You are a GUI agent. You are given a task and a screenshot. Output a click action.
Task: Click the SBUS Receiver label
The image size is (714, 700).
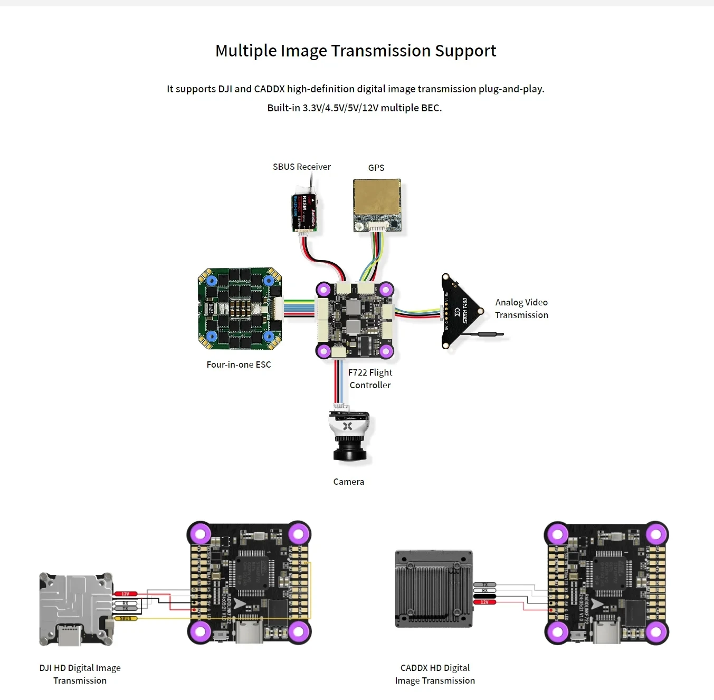point(301,167)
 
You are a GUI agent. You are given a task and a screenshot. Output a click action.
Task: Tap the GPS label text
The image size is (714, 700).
point(376,168)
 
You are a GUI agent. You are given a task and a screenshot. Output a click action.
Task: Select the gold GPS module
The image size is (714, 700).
point(377,200)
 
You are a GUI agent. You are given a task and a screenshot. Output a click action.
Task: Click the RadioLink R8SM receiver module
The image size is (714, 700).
point(304,212)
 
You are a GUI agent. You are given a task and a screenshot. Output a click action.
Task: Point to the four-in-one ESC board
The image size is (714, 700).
point(240,309)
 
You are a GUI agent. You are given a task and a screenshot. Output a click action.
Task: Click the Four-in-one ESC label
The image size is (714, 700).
point(239,365)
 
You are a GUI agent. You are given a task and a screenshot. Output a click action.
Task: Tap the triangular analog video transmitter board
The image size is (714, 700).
point(459,311)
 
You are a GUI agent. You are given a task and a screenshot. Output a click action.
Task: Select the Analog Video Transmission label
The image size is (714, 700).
point(521,309)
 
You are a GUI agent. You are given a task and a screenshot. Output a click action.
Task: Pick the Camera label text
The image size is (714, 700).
point(348,482)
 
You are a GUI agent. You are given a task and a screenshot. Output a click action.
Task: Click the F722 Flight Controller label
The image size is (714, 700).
point(370,379)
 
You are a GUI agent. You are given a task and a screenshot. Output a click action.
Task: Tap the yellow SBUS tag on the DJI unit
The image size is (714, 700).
point(126,618)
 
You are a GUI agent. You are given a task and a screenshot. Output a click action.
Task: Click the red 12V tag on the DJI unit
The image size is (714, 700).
point(126,594)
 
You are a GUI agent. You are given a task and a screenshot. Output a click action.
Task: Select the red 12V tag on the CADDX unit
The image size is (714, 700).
point(484,602)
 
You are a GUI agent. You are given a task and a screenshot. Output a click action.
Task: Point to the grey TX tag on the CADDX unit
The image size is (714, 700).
point(484,584)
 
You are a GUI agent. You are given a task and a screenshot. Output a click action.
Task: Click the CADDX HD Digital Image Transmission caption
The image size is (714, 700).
point(435,674)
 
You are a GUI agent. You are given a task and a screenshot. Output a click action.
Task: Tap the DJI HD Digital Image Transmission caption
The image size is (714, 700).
point(80,674)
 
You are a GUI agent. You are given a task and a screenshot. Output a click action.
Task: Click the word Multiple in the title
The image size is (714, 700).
point(246,51)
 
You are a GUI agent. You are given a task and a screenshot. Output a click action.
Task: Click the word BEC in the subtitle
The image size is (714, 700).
point(430,108)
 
